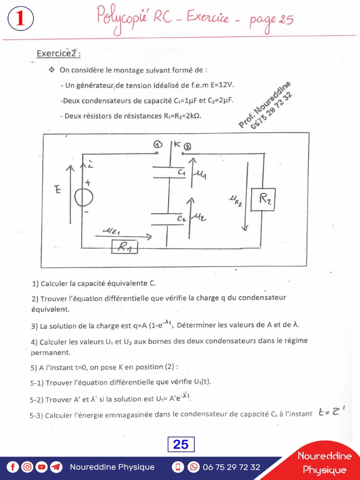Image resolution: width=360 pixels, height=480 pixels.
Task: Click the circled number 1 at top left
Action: pos(20,19)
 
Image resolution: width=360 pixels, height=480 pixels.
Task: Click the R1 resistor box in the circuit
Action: pos(124,247)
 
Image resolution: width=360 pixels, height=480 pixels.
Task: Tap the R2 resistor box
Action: pos(263,199)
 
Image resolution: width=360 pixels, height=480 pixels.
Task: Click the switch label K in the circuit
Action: pos(177,144)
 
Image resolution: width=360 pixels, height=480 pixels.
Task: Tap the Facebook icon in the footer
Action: pos(13,467)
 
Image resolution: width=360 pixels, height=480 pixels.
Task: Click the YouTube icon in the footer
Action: pos(42,467)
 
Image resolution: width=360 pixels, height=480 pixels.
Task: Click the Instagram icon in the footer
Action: pos(27,467)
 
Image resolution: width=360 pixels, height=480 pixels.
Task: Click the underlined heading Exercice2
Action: pos(58,53)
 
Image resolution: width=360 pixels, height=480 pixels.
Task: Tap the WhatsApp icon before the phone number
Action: pos(194,467)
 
